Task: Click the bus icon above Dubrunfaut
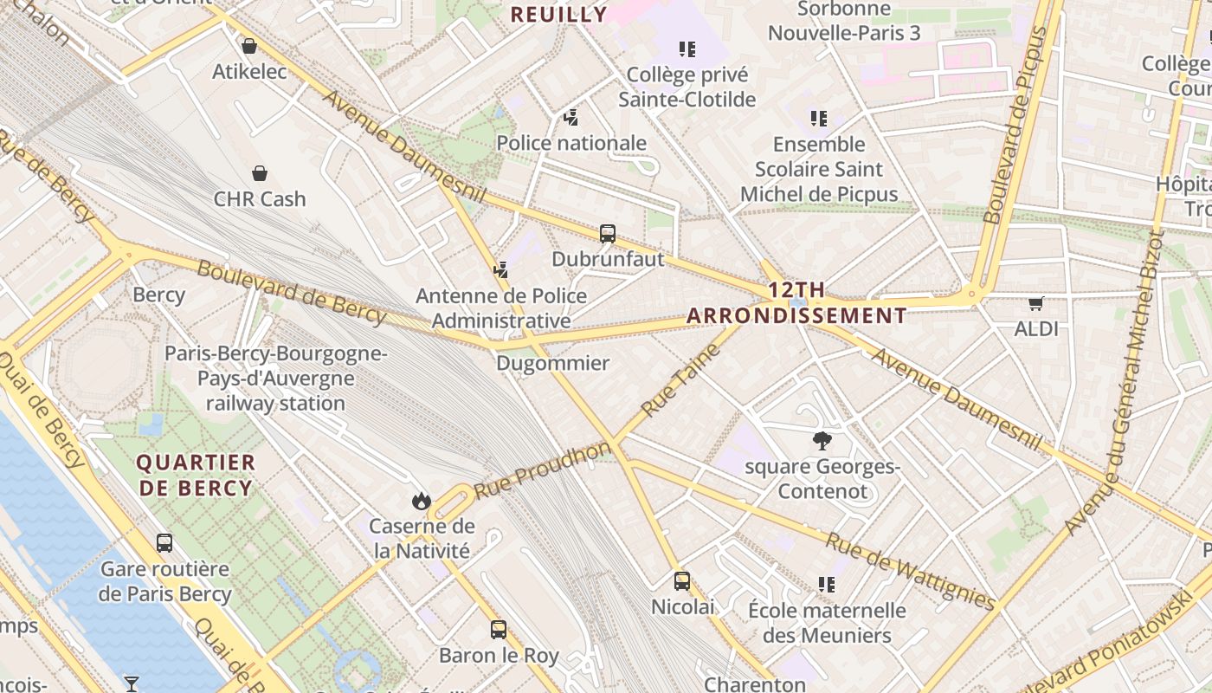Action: pos(608,233)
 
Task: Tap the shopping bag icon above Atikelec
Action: pos(249,46)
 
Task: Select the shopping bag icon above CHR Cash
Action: pos(259,173)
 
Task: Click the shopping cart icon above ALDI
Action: pos(1036,303)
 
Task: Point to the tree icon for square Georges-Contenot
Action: pos(822,441)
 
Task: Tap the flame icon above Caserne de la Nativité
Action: pos(422,501)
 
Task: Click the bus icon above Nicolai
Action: pos(682,580)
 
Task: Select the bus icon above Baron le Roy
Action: pos(499,630)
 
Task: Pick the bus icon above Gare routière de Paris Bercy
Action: pos(164,543)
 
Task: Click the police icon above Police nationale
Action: pos(571,117)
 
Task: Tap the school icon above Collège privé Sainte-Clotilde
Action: pos(687,49)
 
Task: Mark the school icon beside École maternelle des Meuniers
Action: pos(827,585)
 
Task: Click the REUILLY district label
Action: pos(558,15)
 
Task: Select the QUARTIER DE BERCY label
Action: pos(197,476)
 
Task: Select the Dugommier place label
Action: pos(552,363)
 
